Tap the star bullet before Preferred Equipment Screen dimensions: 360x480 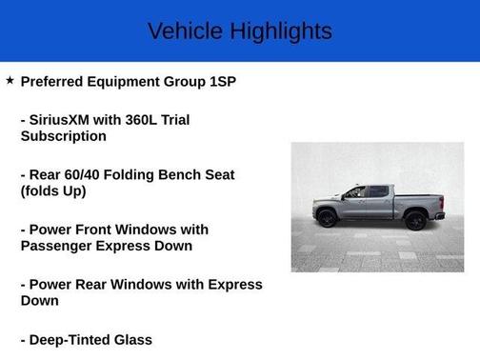10,81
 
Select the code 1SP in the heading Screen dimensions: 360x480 222,82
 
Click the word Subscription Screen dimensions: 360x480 63,136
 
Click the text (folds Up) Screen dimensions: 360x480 53,190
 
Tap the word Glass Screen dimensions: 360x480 135,339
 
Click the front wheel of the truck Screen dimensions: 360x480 327,220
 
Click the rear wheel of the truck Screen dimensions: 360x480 415,220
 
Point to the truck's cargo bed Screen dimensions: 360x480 419,201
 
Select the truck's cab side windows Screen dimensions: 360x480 368,193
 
